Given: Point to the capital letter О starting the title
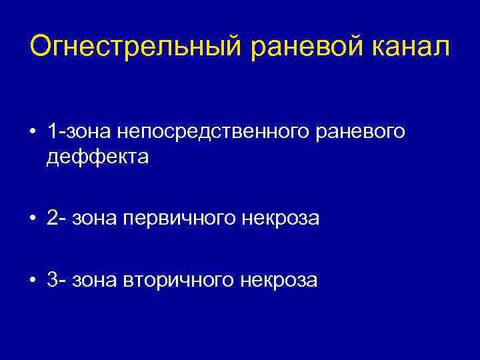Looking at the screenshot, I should (41, 46).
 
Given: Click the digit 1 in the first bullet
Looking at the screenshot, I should (52, 132).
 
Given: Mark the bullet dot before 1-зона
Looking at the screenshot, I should (32, 133).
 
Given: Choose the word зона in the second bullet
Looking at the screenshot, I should (96, 219).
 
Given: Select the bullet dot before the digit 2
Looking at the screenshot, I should (32, 219).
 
